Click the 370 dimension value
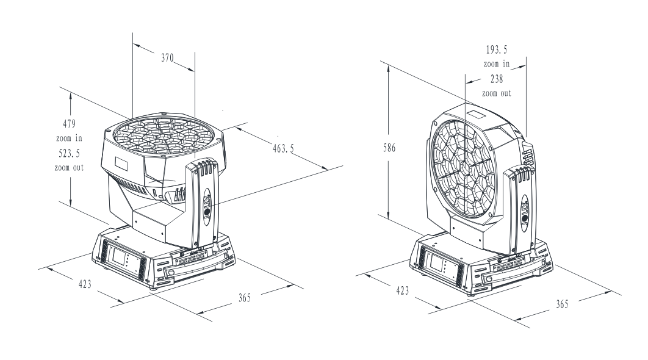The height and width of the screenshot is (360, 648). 167,57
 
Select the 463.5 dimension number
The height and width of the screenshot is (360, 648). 284,148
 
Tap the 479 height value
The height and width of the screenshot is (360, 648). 70,124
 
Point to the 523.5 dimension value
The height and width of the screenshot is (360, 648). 70,153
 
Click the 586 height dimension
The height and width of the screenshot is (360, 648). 389,148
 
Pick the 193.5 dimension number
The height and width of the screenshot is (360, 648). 496,49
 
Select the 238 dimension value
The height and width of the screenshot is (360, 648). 497,79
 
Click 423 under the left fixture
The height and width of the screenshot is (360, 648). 85,284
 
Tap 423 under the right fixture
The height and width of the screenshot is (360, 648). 402,290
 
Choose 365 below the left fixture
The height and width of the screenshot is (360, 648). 245,298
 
